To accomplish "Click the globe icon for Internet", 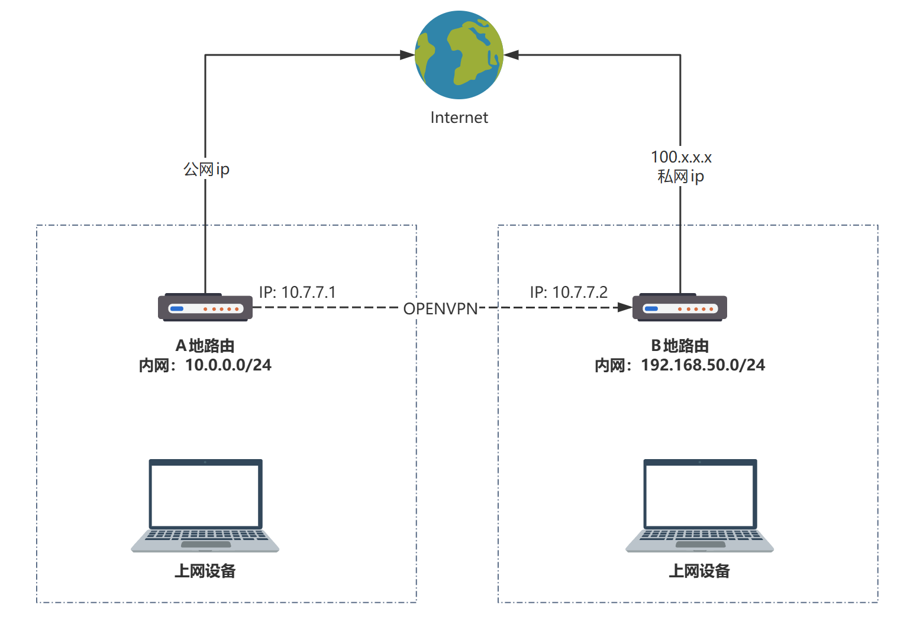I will (x=459, y=55).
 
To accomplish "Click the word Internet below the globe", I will (x=459, y=118).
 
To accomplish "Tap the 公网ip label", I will (x=206, y=170).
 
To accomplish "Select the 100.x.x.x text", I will (x=681, y=157).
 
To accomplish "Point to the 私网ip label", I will (x=681, y=177).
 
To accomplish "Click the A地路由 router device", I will (x=205, y=307).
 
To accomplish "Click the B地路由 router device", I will (x=680, y=307).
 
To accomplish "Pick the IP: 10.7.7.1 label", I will (x=297, y=292).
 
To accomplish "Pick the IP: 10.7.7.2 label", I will (x=569, y=292).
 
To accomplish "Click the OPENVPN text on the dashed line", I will (x=440, y=308).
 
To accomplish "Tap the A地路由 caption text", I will (x=205, y=346).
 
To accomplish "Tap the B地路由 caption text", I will (x=680, y=346).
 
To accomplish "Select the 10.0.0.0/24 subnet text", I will (x=228, y=365).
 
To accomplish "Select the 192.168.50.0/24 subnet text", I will (x=703, y=365).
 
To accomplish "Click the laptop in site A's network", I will (x=205, y=506).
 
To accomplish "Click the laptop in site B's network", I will (x=699, y=506).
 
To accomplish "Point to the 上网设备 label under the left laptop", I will (x=205, y=571).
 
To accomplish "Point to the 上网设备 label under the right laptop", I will (x=699, y=571).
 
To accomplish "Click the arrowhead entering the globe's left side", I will (x=408, y=55).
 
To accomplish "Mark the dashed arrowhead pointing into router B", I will (x=625, y=307).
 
